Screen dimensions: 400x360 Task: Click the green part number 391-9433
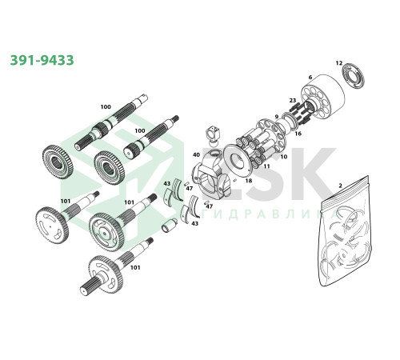[42, 60]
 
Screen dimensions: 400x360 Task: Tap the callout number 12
[338, 63]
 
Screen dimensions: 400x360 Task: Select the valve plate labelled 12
[353, 75]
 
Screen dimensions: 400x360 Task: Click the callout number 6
[310, 78]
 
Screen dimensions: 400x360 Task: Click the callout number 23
[293, 101]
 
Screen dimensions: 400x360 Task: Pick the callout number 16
[298, 134]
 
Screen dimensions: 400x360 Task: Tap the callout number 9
[277, 117]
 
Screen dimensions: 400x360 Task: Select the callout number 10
[283, 157]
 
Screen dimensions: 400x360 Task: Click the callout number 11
[266, 166]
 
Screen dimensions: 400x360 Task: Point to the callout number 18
[249, 181]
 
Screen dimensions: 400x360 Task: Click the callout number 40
[196, 154]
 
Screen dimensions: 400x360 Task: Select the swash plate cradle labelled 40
[211, 175]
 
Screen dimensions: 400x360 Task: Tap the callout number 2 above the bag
[340, 186]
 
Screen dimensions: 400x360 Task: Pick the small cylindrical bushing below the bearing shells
[169, 226]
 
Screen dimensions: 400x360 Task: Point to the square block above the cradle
[214, 133]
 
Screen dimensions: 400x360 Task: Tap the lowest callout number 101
[135, 267]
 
